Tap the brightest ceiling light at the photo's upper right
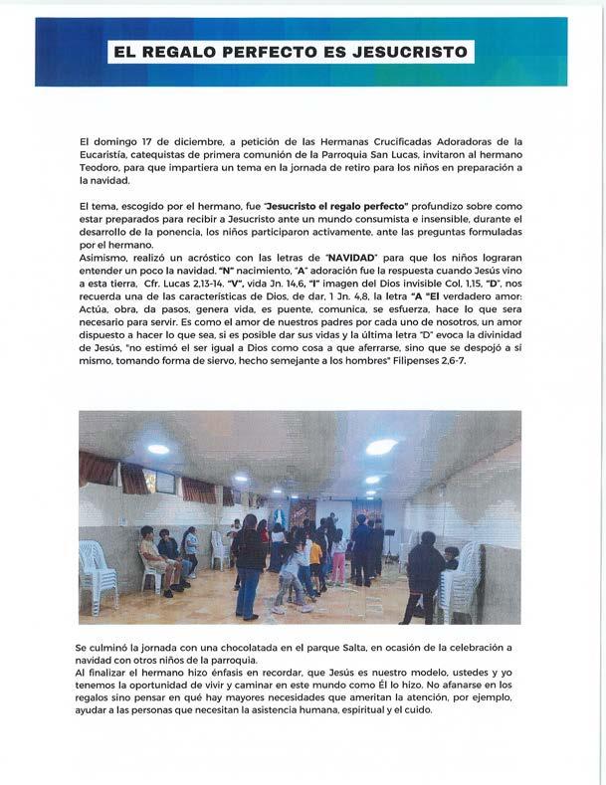381,447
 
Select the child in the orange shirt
315,552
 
